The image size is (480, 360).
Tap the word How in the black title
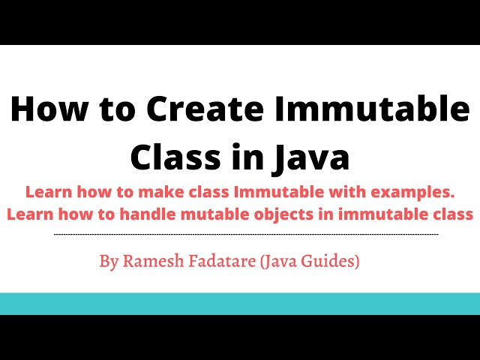pos(43,112)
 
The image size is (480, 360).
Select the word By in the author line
pos(108,262)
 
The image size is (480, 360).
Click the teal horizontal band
pos(240,304)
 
